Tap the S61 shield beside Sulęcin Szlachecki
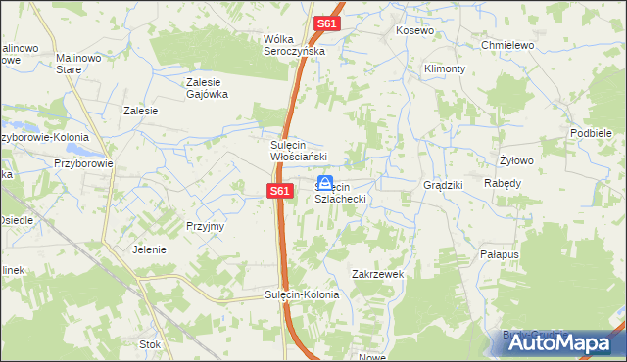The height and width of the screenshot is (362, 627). pyautogui.click(x=279, y=191)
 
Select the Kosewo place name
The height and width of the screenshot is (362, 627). pyautogui.click(x=414, y=31)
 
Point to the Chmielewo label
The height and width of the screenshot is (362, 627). pyautogui.click(x=506, y=45)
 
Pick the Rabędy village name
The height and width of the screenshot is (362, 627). pyautogui.click(x=503, y=183)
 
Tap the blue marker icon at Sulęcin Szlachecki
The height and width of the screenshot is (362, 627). pyautogui.click(x=325, y=182)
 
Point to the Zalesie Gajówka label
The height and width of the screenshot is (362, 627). pyautogui.click(x=207, y=88)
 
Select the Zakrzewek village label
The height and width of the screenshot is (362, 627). pyautogui.click(x=378, y=274)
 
